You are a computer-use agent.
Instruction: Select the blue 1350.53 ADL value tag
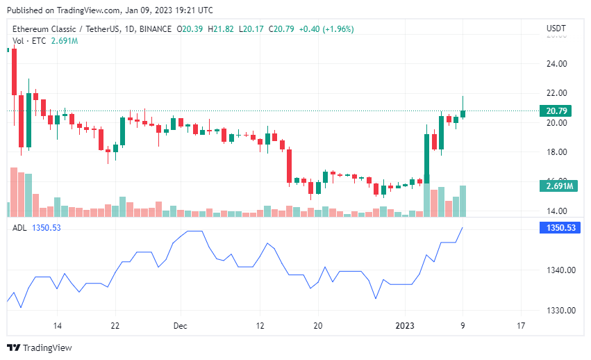tap(559, 227)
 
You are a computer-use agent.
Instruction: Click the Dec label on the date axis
tap(181, 325)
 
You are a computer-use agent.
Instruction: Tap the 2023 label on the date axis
tap(405, 325)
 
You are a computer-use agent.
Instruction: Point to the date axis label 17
tap(521, 325)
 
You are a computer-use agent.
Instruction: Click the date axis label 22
tap(115, 325)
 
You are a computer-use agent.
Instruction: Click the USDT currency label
tap(556, 28)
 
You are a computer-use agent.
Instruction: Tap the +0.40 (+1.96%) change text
tap(326, 29)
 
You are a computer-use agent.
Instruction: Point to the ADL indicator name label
tap(19, 227)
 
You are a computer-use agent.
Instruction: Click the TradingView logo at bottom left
tap(40, 347)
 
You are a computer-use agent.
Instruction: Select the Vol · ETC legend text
tap(29, 41)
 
